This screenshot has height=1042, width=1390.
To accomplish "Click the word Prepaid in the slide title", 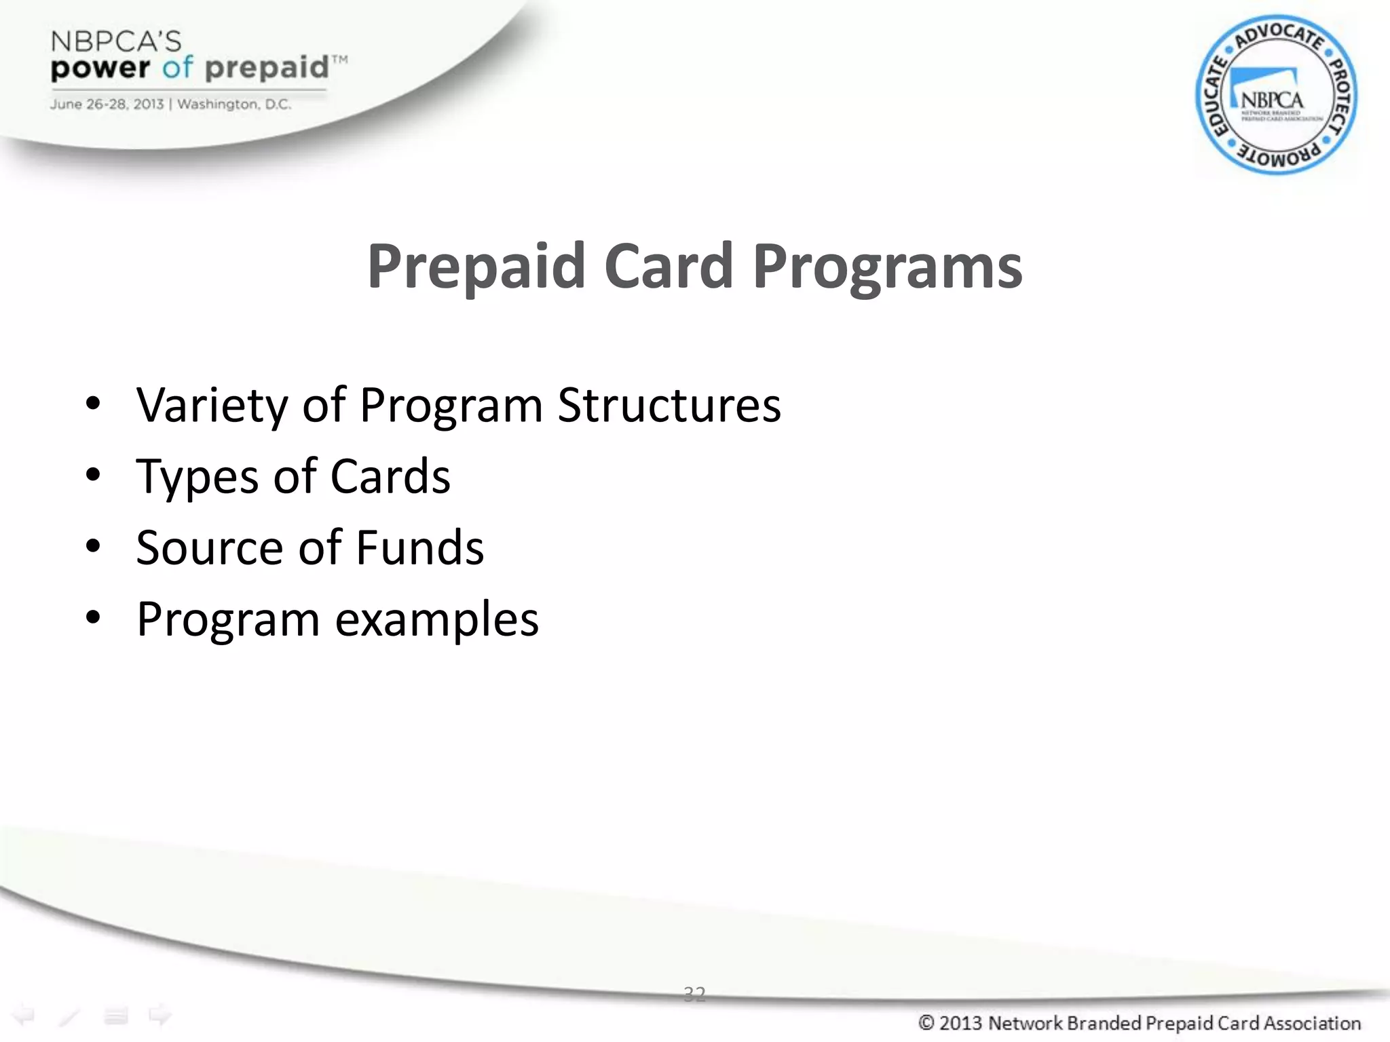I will click(x=476, y=267).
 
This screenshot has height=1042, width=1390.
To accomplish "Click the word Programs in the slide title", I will click(x=887, y=267).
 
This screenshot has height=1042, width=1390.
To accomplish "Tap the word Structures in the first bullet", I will click(x=669, y=406).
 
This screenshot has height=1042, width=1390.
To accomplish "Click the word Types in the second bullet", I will click(x=198, y=477).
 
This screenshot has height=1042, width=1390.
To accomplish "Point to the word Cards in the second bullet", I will click(x=390, y=477).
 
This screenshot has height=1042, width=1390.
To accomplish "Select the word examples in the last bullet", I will click(x=437, y=619).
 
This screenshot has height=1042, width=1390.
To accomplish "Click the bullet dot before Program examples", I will click(x=93, y=617).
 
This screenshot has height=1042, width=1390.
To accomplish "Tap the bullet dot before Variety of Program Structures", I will click(x=93, y=404).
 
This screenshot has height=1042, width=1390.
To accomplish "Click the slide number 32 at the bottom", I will click(x=694, y=995).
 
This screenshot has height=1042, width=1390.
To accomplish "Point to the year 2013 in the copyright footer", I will click(x=961, y=1023).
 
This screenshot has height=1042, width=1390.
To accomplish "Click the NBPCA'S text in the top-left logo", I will click(x=116, y=42).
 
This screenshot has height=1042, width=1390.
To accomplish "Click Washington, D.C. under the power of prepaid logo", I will click(x=234, y=104).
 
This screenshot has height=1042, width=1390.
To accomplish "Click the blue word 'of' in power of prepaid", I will click(x=177, y=68).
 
